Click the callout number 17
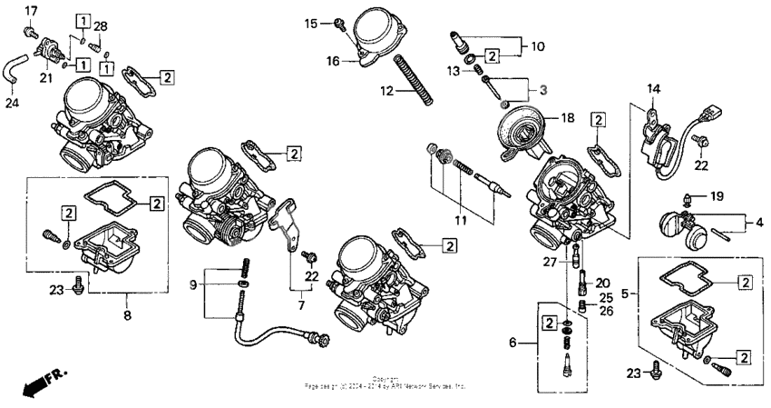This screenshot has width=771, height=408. (31, 10)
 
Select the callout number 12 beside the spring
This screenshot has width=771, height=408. (388, 91)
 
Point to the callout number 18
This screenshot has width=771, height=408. (568, 118)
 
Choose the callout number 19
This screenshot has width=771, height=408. (717, 195)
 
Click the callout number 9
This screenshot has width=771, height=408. (192, 284)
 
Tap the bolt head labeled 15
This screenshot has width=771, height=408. (339, 22)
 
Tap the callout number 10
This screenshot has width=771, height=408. (538, 45)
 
